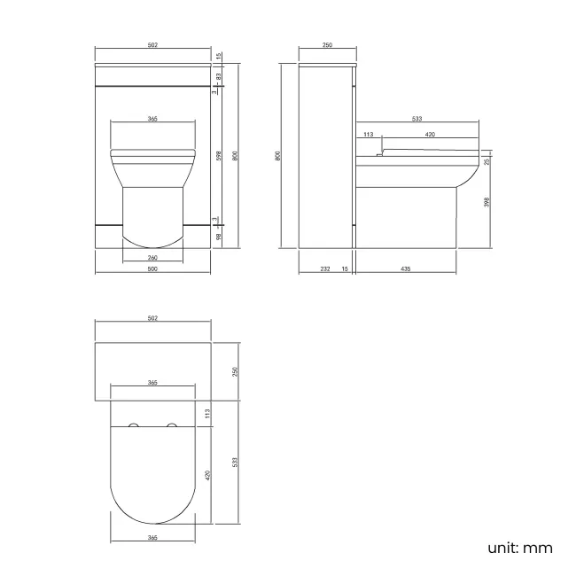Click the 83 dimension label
[x=218, y=77]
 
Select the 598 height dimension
[x=218, y=155]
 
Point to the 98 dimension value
[x=218, y=235]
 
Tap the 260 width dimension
[x=152, y=258]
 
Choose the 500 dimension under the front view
[x=152, y=269]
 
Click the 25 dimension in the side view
[x=486, y=161]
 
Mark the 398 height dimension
[x=486, y=202]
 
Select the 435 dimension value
[x=404, y=269]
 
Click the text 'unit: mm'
[x=520, y=548]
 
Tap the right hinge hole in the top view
[x=173, y=426]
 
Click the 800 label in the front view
[x=235, y=155]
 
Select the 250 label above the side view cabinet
[x=327, y=45]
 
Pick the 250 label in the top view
[x=235, y=371]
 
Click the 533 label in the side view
[x=416, y=117]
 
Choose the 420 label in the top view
[x=209, y=474]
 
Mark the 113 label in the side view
[x=368, y=135]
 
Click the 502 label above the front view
[x=152, y=45]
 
